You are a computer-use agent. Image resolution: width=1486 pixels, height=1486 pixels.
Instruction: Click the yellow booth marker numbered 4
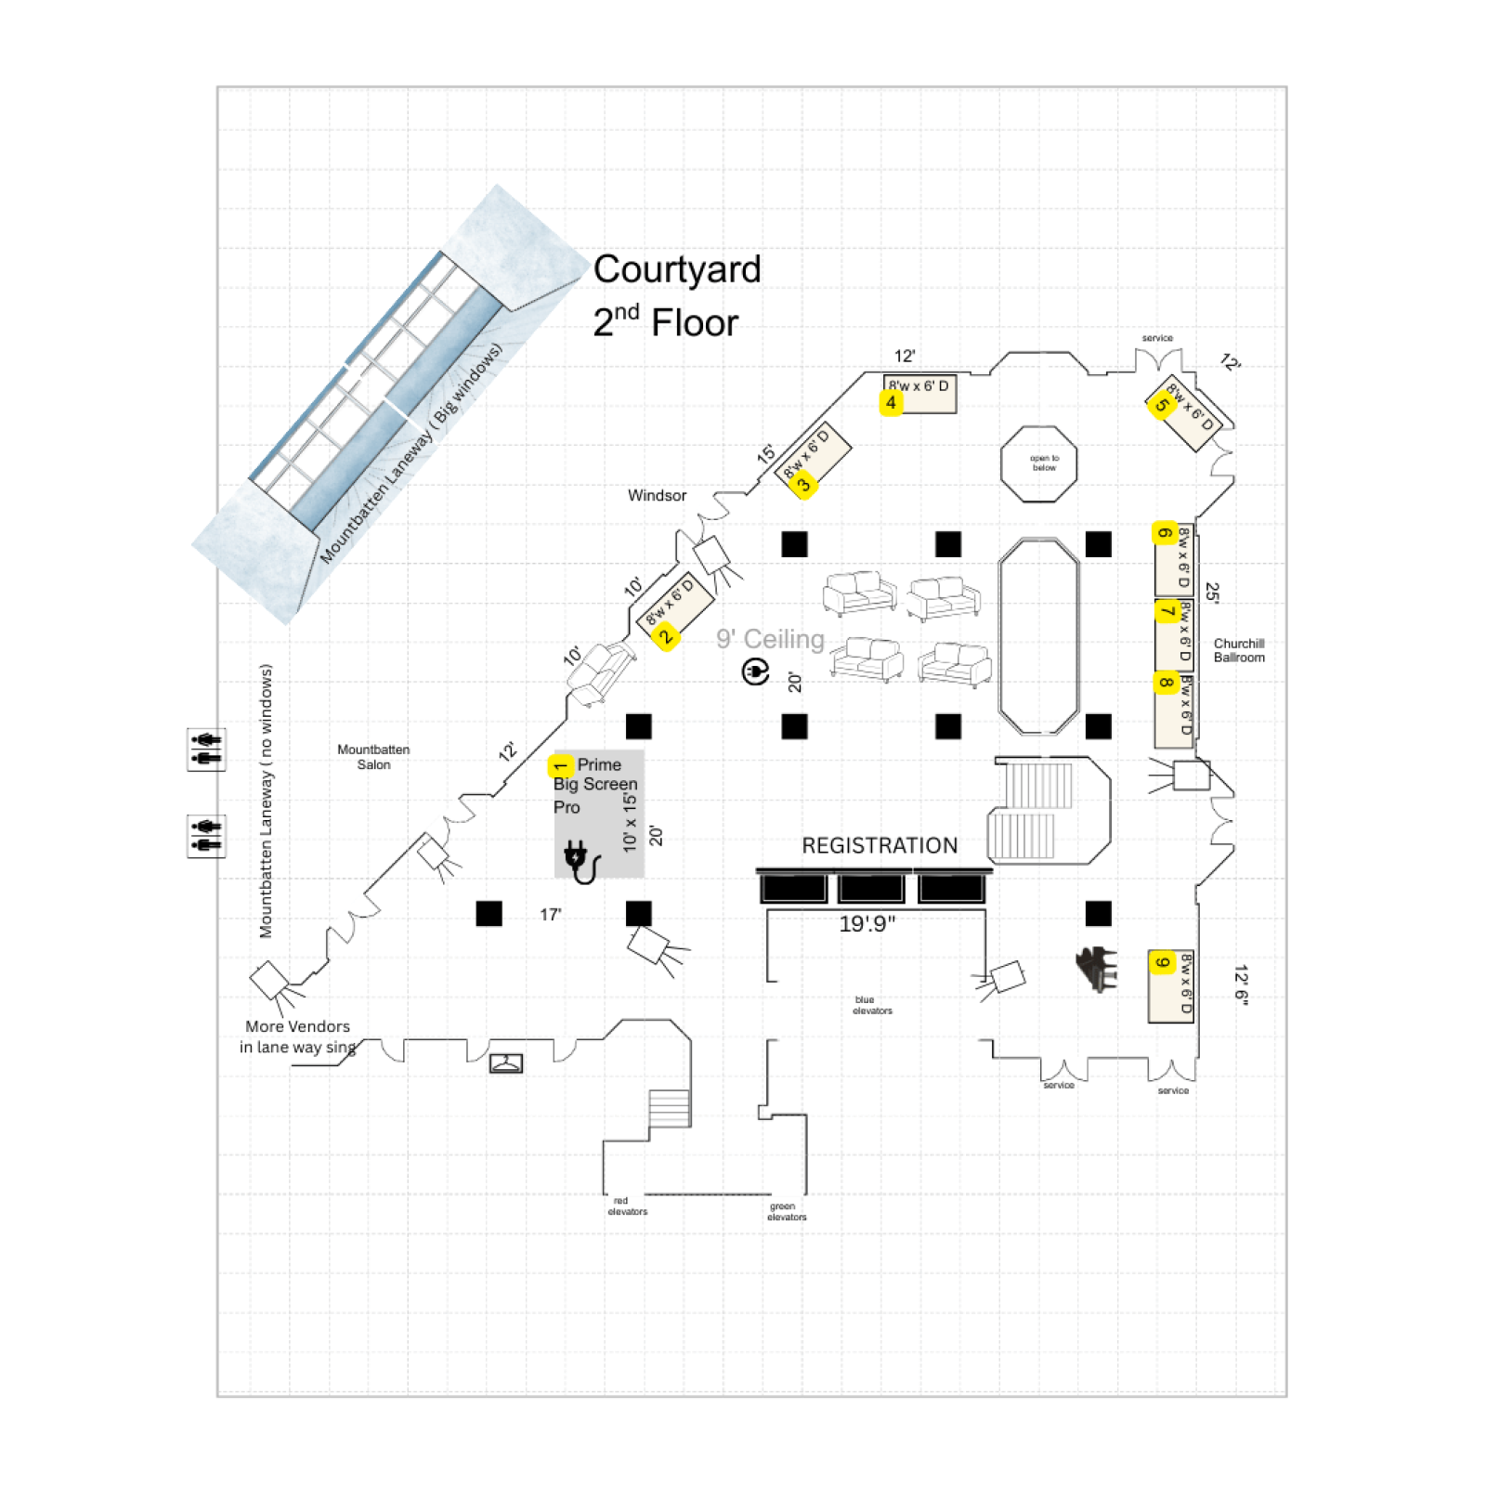tap(891, 403)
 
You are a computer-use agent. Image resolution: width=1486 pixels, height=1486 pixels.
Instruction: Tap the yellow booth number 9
tap(1162, 962)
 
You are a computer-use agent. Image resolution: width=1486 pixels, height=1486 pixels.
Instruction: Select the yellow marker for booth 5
tap(1161, 405)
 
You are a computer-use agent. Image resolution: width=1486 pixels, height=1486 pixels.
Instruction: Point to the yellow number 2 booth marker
tap(665, 637)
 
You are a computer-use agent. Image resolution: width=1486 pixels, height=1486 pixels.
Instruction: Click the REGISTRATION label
tap(879, 845)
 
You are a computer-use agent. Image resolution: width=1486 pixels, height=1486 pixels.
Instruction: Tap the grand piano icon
tap(1097, 969)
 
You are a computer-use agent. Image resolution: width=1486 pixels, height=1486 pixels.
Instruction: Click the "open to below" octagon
tap(1038, 463)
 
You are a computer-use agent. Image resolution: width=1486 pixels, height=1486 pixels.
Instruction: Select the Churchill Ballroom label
tap(1238, 650)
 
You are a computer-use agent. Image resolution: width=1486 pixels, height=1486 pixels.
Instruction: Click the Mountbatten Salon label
tap(373, 757)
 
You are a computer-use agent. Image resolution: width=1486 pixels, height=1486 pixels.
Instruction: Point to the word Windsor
tap(657, 496)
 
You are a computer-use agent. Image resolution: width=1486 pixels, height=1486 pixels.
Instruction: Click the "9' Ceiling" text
tap(770, 639)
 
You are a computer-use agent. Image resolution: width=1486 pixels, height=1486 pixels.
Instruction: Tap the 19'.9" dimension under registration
tap(867, 924)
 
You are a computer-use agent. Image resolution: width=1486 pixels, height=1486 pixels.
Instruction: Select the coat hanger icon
tap(506, 1062)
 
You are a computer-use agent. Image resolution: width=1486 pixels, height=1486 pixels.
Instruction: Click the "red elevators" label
tap(627, 1206)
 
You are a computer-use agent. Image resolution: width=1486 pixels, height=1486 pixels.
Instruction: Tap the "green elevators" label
tap(786, 1211)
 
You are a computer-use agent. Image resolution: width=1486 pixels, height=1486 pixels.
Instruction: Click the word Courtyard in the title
tap(677, 269)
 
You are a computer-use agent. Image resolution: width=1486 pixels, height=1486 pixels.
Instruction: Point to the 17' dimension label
tap(551, 915)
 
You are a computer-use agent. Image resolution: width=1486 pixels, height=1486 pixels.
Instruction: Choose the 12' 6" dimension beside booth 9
tap(1241, 984)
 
